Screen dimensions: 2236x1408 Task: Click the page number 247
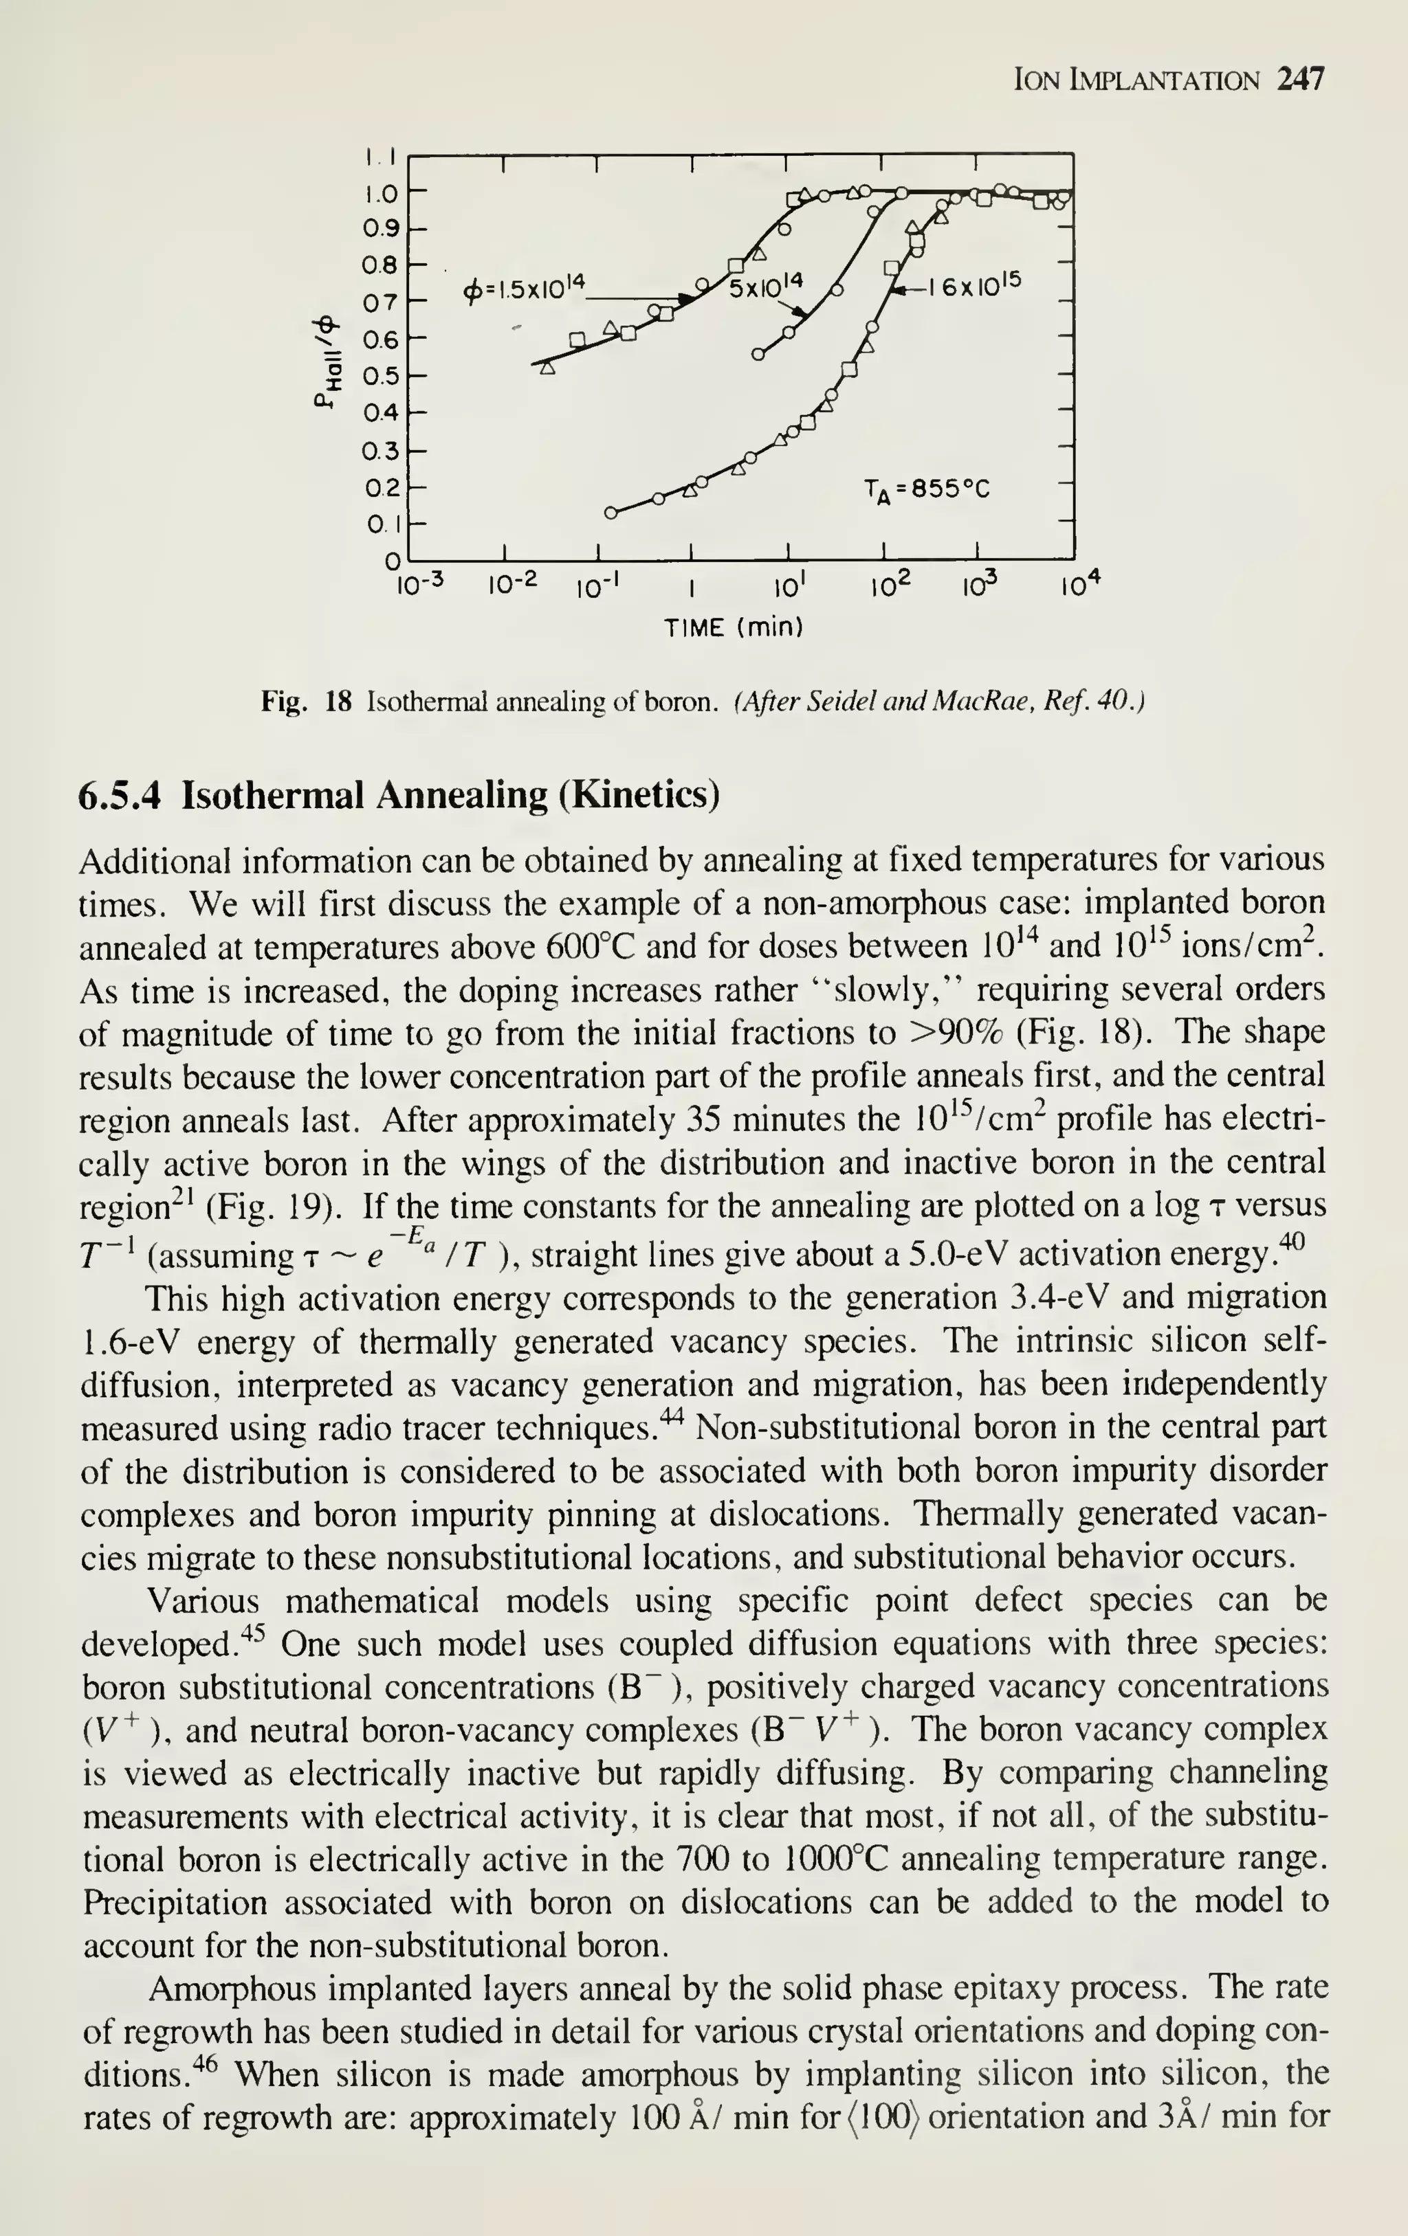click(x=1300, y=79)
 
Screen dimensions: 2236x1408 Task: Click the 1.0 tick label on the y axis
click(x=380, y=194)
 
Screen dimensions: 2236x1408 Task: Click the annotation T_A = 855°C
click(x=927, y=489)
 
